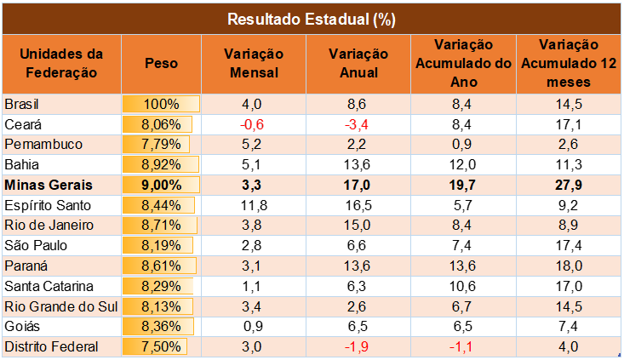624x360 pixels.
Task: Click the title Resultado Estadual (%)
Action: point(312,18)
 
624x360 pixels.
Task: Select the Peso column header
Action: point(161,63)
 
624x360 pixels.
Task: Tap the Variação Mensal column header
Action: point(254,63)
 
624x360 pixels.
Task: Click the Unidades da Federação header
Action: point(60,63)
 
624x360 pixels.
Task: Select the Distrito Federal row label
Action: point(52,346)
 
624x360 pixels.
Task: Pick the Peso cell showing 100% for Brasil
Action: point(161,104)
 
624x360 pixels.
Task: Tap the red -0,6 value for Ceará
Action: point(254,124)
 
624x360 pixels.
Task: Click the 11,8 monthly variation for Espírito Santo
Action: point(254,205)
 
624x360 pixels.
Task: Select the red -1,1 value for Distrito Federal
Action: point(461,346)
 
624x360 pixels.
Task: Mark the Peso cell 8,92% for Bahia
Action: point(161,164)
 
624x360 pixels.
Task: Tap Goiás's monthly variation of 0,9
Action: point(254,326)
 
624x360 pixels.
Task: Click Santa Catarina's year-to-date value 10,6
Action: point(461,286)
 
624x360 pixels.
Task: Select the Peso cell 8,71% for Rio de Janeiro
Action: point(161,226)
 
